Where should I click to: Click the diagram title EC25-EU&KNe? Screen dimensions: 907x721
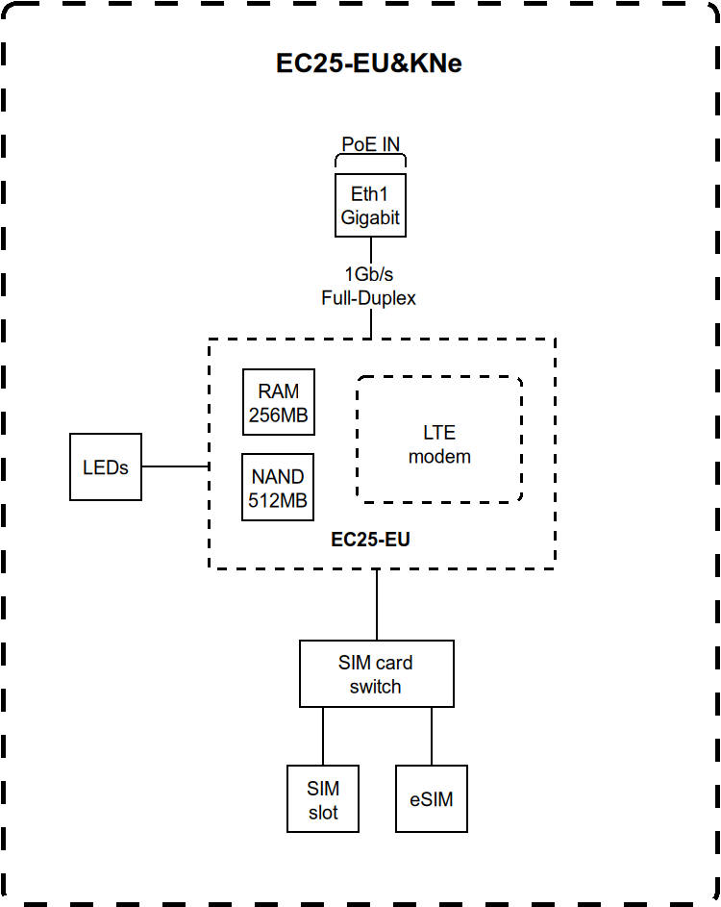(369, 63)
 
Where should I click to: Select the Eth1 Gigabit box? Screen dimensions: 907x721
(369, 206)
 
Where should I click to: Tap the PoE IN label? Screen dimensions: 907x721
(370, 144)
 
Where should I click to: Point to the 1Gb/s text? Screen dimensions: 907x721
(369, 274)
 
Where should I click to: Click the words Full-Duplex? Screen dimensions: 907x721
(369, 298)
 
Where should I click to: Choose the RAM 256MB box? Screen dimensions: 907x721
(279, 404)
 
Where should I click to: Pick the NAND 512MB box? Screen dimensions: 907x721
(278, 488)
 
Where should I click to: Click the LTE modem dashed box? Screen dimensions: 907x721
(439, 440)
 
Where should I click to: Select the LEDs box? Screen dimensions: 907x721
(106, 467)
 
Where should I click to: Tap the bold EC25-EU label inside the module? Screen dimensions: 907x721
(370, 540)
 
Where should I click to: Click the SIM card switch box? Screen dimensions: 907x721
(376, 674)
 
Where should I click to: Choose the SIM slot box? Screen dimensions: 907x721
(323, 799)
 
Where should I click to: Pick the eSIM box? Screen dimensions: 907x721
(432, 799)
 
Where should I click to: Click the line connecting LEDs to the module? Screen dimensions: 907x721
(175, 466)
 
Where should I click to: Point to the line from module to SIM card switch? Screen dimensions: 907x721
(377, 605)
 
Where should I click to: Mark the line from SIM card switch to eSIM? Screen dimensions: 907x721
(432, 736)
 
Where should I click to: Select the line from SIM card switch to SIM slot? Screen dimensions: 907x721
(323, 736)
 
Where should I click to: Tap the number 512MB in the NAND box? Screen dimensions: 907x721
(278, 500)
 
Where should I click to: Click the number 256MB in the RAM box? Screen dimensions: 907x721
(279, 416)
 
